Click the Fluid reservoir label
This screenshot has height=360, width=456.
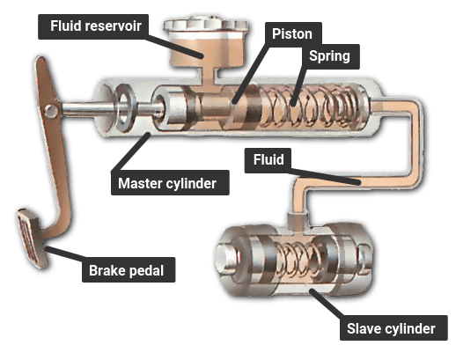93,26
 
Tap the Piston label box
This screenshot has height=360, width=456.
293,34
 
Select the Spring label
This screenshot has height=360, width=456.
330,56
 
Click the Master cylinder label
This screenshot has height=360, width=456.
170,183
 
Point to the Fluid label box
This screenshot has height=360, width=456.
268,160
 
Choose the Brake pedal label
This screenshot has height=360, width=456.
129,270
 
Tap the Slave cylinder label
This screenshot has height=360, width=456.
393,328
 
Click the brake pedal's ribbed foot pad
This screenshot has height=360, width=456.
32,238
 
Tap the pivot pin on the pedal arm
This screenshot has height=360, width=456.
51,111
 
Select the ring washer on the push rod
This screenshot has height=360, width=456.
125,107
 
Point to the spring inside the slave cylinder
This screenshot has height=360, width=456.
296,261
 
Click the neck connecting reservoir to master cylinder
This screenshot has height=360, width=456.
208,77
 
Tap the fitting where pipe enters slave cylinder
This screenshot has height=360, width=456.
298,221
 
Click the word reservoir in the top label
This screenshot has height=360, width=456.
114,26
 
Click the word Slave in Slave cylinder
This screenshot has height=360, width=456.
364,328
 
